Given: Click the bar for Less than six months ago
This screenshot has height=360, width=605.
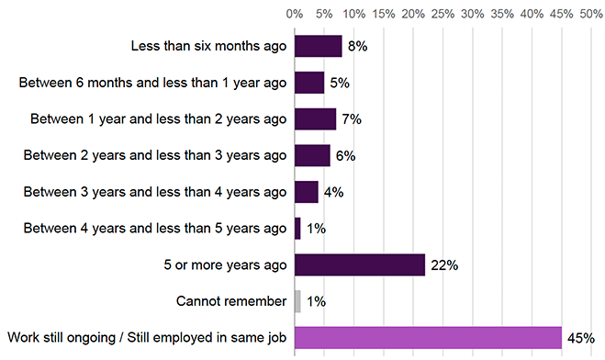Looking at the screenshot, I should (318, 46).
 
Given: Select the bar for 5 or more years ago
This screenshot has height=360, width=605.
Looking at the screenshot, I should (359, 264).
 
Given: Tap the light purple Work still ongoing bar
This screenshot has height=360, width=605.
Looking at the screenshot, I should (428, 338).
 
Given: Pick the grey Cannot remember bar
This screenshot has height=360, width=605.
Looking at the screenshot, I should (297, 301).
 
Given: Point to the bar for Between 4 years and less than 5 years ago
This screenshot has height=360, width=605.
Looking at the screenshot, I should (297, 229).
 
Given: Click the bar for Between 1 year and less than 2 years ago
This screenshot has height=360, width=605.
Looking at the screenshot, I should (315, 119).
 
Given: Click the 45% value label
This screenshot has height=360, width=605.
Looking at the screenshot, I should (581, 338).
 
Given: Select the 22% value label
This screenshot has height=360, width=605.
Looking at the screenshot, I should (444, 265).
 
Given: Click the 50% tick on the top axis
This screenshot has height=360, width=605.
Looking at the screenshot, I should (590, 15).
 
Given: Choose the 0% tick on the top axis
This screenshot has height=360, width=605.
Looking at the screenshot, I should (295, 15).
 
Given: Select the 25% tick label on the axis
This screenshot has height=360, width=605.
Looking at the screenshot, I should (443, 15).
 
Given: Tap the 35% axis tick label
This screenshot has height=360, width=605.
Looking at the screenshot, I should (501, 15).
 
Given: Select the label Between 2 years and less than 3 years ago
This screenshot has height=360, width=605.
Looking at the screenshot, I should (159, 156).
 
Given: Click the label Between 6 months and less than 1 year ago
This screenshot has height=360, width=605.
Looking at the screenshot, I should (153, 83).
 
